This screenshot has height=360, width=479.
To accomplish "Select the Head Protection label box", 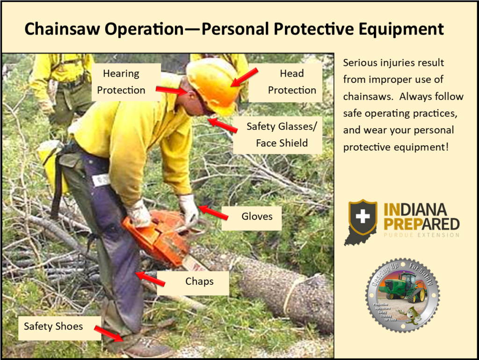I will (285, 82).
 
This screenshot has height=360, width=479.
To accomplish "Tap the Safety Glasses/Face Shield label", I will (277, 135).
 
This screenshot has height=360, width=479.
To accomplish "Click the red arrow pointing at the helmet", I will (244, 78).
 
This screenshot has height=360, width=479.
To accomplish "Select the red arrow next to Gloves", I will (213, 212).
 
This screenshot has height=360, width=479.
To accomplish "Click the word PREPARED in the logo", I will (421, 223).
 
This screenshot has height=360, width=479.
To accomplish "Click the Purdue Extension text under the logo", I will (421, 235).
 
